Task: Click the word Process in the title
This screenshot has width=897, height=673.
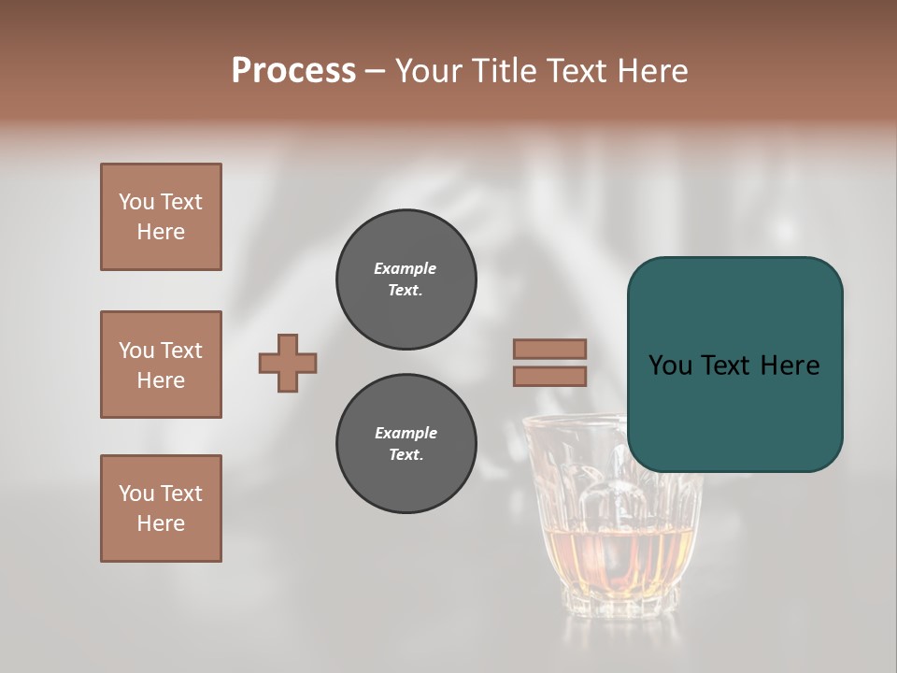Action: click(293, 71)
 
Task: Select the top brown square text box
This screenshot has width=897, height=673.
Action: click(161, 217)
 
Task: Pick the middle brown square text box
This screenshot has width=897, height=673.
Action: click(161, 365)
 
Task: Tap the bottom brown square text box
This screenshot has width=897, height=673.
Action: click(161, 508)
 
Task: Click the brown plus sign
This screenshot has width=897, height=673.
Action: click(288, 363)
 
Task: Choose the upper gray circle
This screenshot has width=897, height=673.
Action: click(406, 279)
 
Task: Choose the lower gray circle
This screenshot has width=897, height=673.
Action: click(406, 444)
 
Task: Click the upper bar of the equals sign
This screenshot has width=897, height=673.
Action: click(549, 349)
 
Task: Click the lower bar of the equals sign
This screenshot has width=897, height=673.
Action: click(549, 377)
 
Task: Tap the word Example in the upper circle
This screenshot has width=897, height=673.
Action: click(406, 268)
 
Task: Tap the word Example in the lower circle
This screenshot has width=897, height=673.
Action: click(406, 433)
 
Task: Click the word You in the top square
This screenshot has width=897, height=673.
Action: click(135, 202)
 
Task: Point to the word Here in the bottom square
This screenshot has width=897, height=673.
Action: click(161, 523)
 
